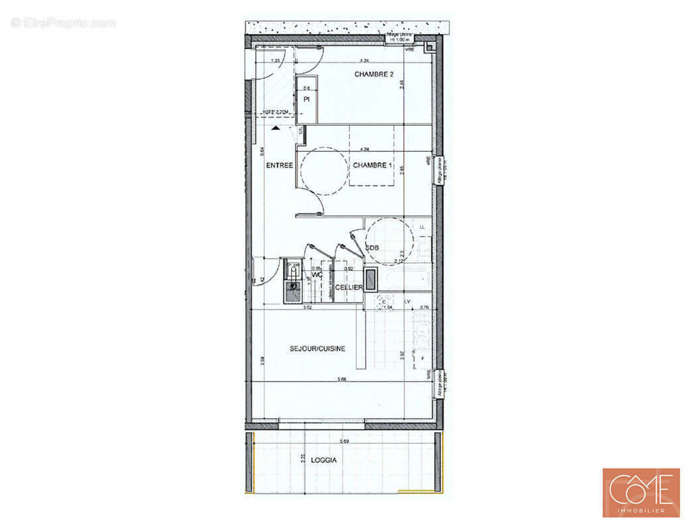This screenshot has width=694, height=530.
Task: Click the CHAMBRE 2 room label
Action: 374,74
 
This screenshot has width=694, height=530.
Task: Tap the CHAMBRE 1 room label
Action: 373,165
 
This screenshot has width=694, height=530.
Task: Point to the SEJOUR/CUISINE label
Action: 317,348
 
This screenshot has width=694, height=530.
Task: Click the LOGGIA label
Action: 325,460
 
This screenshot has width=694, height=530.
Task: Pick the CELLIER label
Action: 348,287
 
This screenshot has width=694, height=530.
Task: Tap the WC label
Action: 317,274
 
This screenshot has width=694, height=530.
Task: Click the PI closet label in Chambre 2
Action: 307,99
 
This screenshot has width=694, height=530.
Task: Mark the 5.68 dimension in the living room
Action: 342,380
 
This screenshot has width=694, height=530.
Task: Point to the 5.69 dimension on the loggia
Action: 345,441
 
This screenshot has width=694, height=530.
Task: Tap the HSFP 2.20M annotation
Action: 276,113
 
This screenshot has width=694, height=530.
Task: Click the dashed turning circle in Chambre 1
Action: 324,170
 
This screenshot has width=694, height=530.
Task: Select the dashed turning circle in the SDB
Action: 390,242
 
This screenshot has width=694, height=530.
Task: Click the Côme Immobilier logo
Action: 640,492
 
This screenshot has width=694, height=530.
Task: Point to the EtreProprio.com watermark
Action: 63,23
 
